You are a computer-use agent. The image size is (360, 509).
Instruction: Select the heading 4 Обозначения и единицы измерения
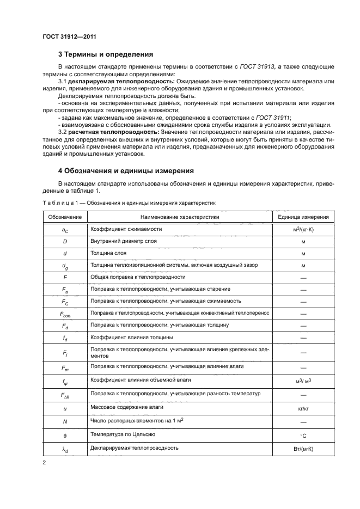(126, 171)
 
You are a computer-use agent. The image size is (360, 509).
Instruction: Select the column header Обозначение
(65, 217)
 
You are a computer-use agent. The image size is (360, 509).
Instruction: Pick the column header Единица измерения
(303, 217)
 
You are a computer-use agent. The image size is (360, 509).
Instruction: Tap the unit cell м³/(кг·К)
(303, 230)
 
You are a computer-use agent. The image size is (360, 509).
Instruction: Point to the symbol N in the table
(65, 421)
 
